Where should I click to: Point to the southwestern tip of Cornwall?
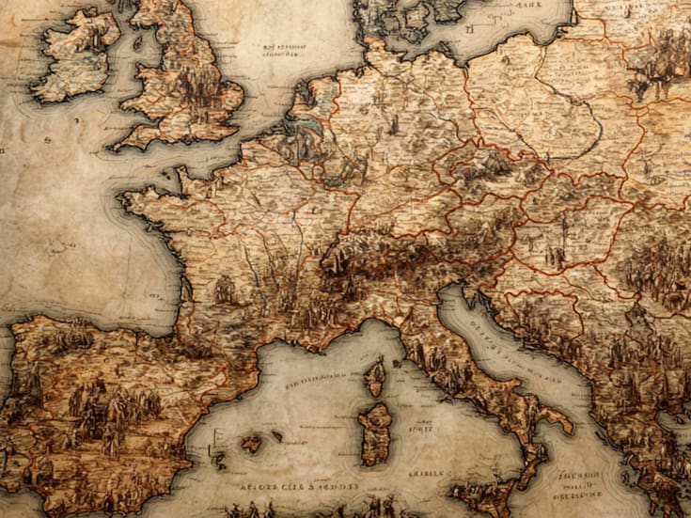pos(117,147)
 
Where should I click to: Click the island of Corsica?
pos(375,376)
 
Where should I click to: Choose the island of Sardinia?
pos(375,432)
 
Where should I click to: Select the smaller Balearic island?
pos(276,435)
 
